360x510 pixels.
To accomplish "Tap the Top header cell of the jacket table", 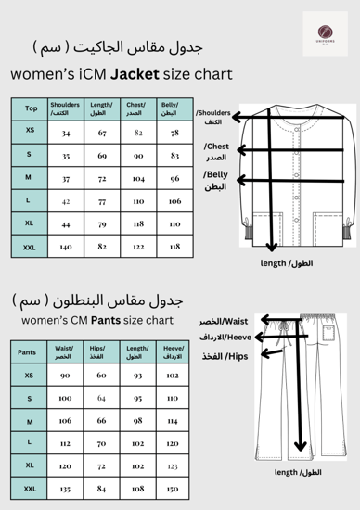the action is [32, 108].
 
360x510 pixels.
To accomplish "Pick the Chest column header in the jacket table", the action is [138, 108].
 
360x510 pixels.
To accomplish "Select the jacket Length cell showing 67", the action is [102, 133].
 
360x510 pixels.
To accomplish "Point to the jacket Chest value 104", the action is [138, 177].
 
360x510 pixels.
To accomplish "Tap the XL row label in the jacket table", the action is [32, 223].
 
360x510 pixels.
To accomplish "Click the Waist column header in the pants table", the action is [64, 352].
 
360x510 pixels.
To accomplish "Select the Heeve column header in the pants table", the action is [172, 352].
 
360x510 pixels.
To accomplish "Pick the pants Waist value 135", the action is [64, 487].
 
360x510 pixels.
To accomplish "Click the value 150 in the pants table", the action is [172, 487].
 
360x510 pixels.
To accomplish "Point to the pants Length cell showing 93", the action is [137, 376].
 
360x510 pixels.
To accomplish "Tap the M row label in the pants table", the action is [30, 420].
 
